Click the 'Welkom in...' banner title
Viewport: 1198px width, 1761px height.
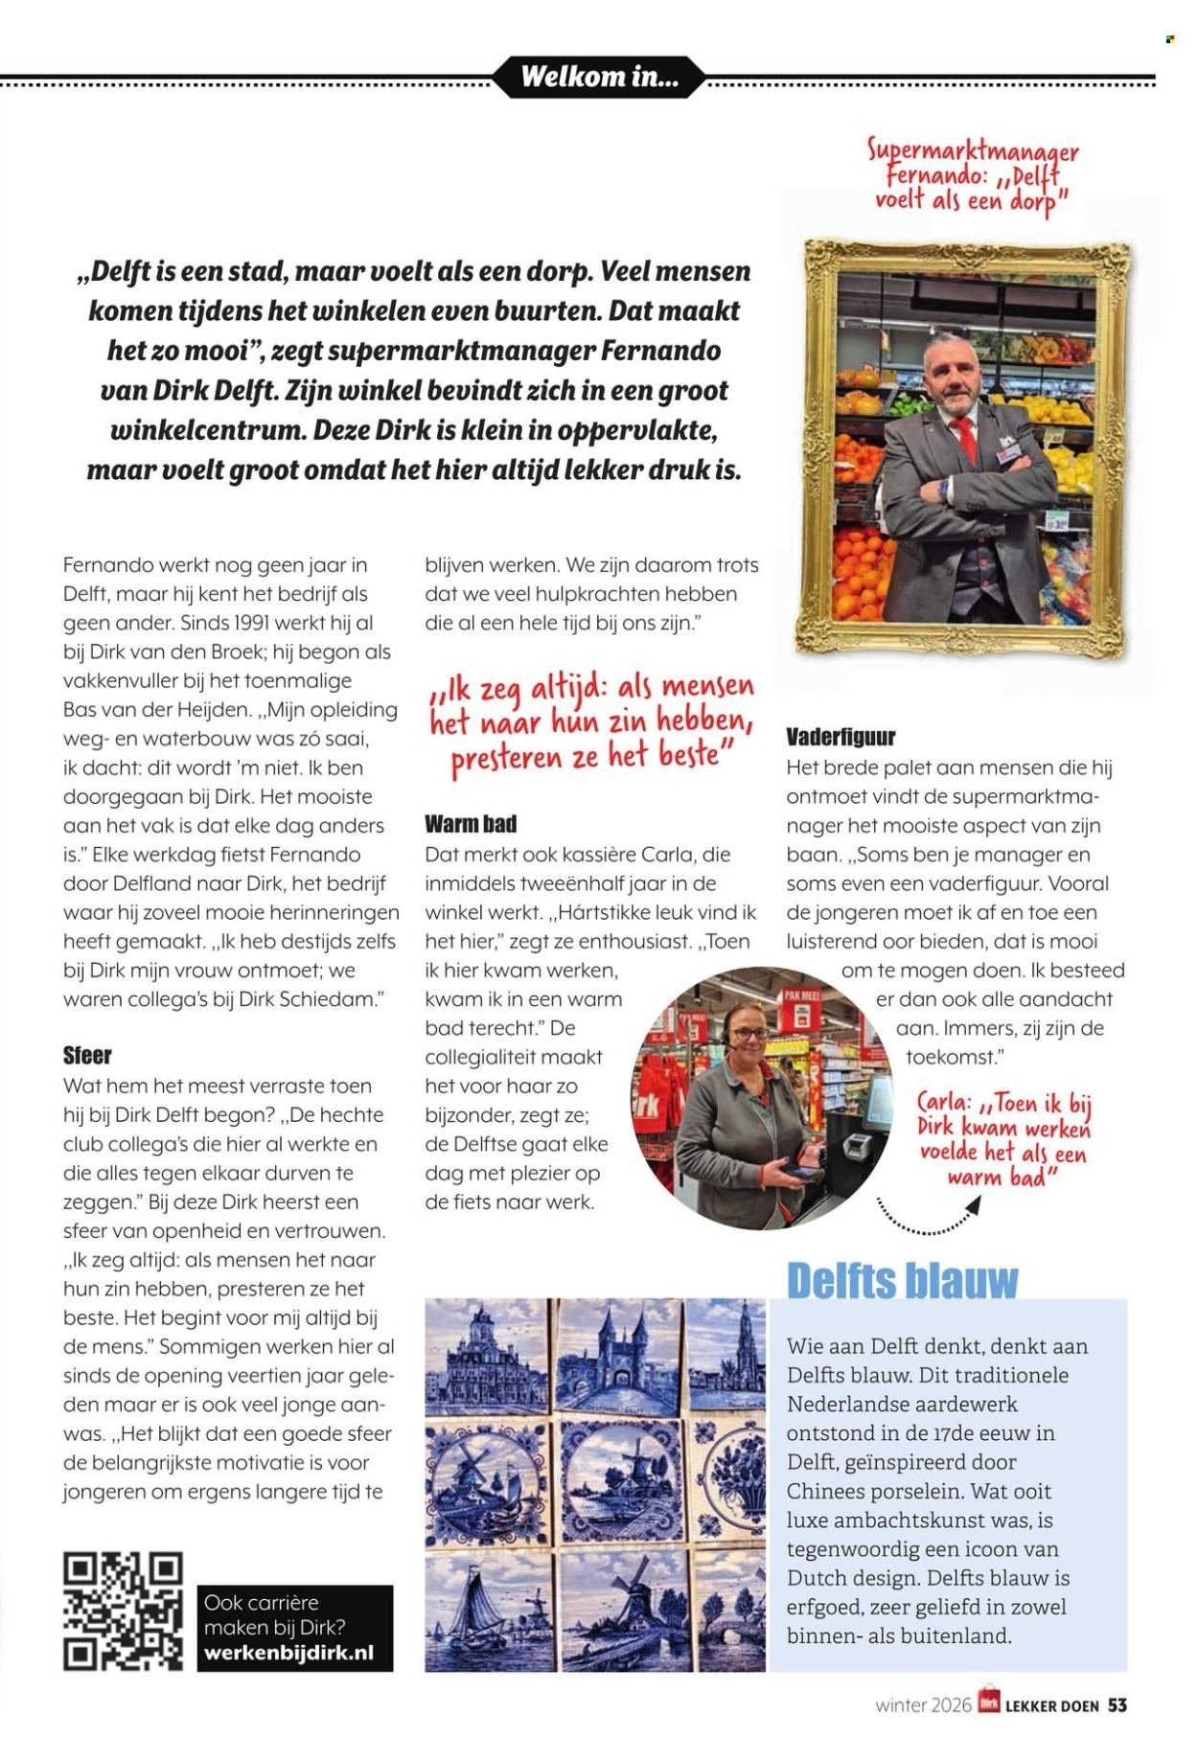tap(599, 77)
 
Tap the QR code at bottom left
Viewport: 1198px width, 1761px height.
tap(123, 1611)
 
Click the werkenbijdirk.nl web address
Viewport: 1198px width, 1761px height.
tap(288, 1654)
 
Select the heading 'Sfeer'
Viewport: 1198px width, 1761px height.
tap(87, 1056)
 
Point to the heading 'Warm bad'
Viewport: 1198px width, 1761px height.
tap(471, 824)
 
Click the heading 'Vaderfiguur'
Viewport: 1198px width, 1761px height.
tap(841, 737)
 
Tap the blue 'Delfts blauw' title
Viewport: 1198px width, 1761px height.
tap(902, 1281)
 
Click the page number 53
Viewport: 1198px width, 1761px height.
tap(1117, 1705)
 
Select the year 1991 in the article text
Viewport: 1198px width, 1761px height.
tap(259, 622)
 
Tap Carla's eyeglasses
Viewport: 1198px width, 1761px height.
tap(750, 1034)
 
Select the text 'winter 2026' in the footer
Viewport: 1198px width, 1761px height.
tap(923, 1705)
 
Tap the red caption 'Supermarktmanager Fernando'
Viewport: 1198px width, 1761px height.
tap(972, 163)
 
